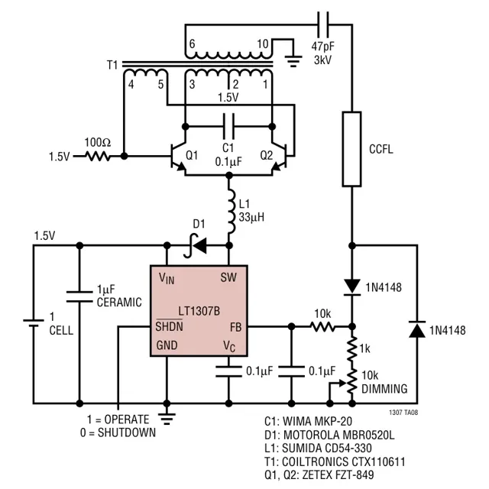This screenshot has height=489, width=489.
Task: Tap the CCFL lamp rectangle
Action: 351,149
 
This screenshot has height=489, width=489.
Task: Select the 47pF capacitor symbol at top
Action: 325,24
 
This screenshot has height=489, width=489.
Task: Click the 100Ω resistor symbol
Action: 97,156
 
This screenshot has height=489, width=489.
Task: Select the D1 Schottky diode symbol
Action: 198,245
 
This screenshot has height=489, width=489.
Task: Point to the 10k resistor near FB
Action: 322,326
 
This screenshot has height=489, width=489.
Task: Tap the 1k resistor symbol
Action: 351,348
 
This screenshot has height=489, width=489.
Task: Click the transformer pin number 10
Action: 262,44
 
